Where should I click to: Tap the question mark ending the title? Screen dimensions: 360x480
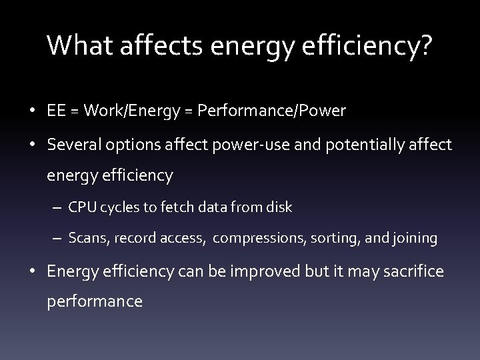click(x=425, y=46)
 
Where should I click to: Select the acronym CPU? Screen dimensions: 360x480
click(x=81, y=207)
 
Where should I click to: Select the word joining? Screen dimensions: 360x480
click(x=414, y=239)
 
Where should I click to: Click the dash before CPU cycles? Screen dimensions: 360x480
click(x=59, y=207)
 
